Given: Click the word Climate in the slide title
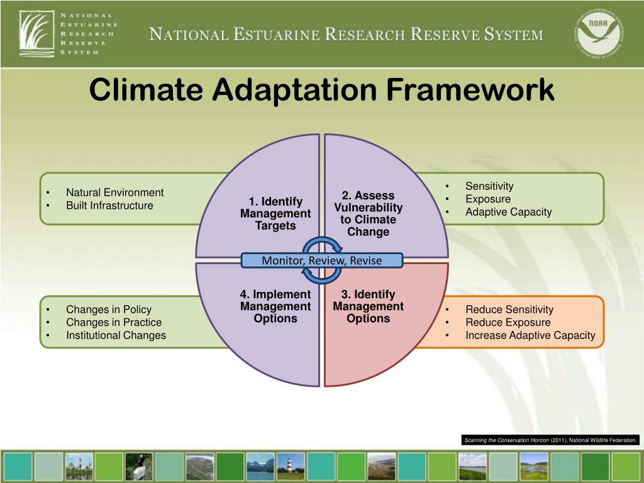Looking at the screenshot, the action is pyautogui.click(x=146, y=90).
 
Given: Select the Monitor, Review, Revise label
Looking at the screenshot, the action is pyautogui.click(x=321, y=260).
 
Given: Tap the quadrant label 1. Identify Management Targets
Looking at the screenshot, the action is pyautogui.click(x=275, y=214).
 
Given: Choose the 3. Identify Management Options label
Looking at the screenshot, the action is pyautogui.click(x=369, y=306).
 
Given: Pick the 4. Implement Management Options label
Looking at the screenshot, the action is pyautogui.click(x=275, y=306).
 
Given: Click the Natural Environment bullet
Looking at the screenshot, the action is pyautogui.click(x=114, y=192).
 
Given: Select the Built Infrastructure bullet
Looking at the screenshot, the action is pyautogui.click(x=109, y=206).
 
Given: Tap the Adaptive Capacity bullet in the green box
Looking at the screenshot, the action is pyautogui.click(x=508, y=212).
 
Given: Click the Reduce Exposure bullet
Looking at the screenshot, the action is pyautogui.click(x=508, y=323).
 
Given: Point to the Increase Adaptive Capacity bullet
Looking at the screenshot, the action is pyautogui.click(x=530, y=335).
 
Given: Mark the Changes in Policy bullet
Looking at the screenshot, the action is pyautogui.click(x=109, y=309).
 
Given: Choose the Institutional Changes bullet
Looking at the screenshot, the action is pyautogui.click(x=116, y=335).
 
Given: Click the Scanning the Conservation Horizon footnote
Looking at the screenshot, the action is pyautogui.click(x=551, y=440).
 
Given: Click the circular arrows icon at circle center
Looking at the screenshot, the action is pyautogui.click(x=321, y=260).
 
